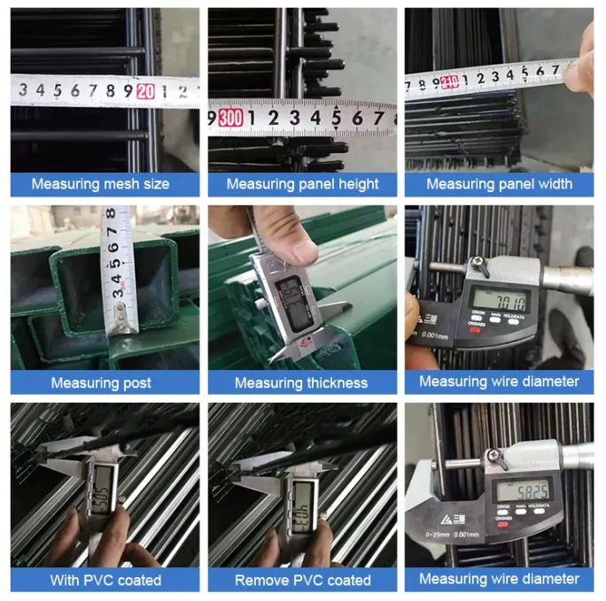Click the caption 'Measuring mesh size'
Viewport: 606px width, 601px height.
(x=100, y=184)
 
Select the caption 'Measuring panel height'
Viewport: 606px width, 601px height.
(x=302, y=184)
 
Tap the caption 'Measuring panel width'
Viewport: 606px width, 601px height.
(x=499, y=184)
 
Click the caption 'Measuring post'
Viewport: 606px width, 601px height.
(x=100, y=382)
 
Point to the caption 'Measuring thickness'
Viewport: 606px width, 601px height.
(x=301, y=382)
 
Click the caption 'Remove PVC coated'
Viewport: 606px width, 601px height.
(x=302, y=580)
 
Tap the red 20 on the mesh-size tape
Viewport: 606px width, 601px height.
(x=146, y=89)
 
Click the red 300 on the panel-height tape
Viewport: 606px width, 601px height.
(x=230, y=116)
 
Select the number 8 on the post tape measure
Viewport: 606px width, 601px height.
(x=111, y=215)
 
